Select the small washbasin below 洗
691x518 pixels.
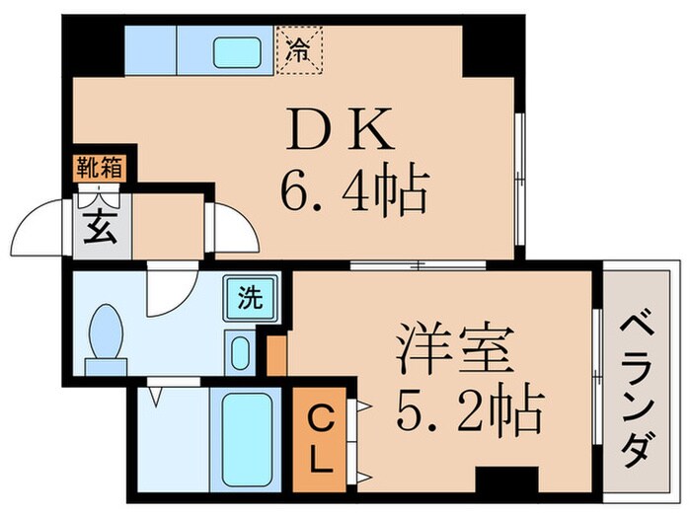coord(239,350)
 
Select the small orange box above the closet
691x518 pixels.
coord(277,356)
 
